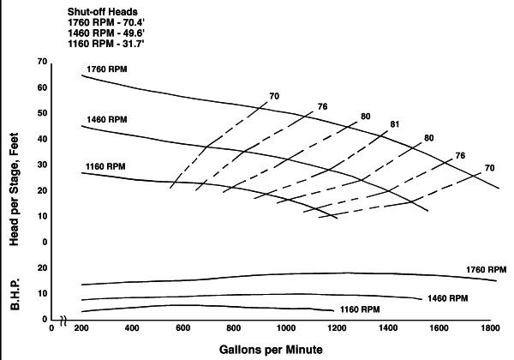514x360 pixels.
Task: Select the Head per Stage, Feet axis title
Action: tap(15, 184)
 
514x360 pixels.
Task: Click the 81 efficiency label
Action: tap(395, 124)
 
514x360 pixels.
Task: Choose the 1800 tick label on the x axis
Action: tap(489, 328)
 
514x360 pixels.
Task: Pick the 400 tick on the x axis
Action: tap(132, 328)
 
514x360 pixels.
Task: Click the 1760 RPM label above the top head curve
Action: tap(106, 68)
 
